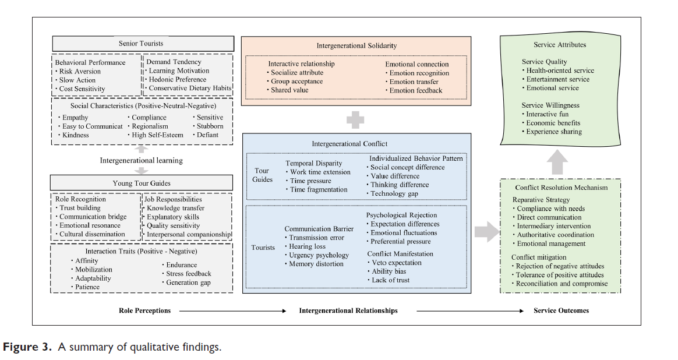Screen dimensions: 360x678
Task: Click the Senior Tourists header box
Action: tap(141, 44)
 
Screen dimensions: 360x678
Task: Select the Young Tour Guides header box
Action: tap(141, 183)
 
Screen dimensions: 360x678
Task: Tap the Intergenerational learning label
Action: tap(141, 160)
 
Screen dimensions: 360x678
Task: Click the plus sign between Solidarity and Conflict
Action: tap(355, 121)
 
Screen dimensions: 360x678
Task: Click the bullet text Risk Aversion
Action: tap(80, 71)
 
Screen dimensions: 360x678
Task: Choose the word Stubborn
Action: tap(210, 126)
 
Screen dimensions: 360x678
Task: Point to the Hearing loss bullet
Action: tap(309, 246)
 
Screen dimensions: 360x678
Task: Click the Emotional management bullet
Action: tap(551, 243)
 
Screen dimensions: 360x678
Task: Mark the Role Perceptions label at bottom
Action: tap(145, 310)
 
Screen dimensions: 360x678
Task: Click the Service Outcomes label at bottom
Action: tap(561, 310)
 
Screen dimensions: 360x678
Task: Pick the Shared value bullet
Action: tap(289, 90)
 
